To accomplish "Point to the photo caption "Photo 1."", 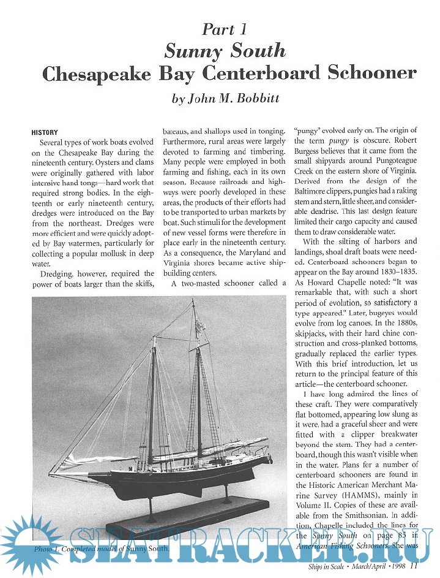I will (51, 549).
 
